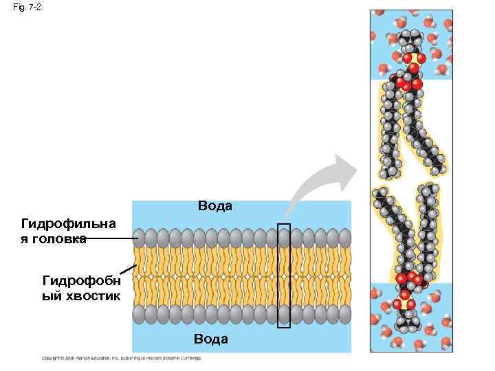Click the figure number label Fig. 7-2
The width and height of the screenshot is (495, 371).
(x=27, y=7)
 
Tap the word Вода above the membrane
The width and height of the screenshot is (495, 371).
(x=215, y=206)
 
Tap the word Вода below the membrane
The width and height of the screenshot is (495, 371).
(x=210, y=339)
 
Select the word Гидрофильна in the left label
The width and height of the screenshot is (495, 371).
(x=69, y=224)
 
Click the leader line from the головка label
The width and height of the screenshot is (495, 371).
(x=113, y=238)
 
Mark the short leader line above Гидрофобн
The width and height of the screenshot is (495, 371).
(x=124, y=269)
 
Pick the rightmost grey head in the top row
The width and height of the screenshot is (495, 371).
(x=344, y=238)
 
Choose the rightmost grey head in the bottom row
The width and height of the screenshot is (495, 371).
(x=344, y=313)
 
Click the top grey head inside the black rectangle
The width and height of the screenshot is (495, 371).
(x=284, y=238)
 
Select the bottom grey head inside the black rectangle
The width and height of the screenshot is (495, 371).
(x=284, y=313)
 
